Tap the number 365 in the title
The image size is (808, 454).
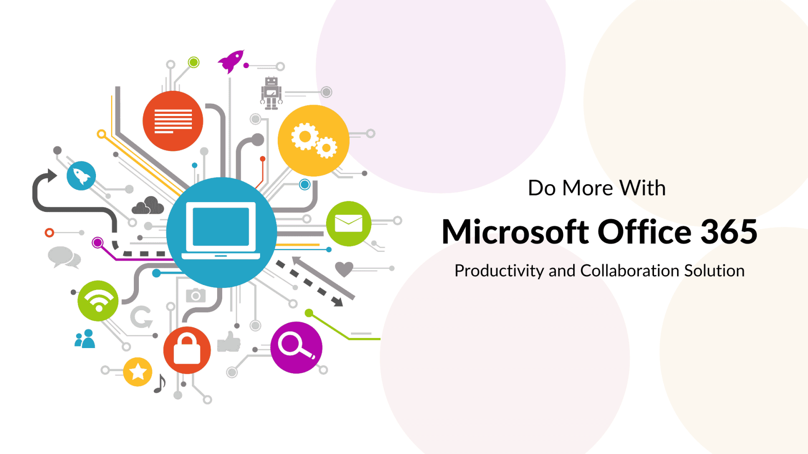point(728,232)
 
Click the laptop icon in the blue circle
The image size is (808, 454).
point(221,231)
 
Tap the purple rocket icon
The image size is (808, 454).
point(231,61)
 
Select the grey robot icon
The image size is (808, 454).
point(271,93)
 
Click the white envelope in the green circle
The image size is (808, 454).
point(348,223)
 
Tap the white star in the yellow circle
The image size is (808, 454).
point(138,372)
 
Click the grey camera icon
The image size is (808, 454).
point(196,296)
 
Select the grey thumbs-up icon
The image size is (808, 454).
point(229,342)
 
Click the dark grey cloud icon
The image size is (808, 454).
point(148,206)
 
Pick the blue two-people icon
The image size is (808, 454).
point(85,339)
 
